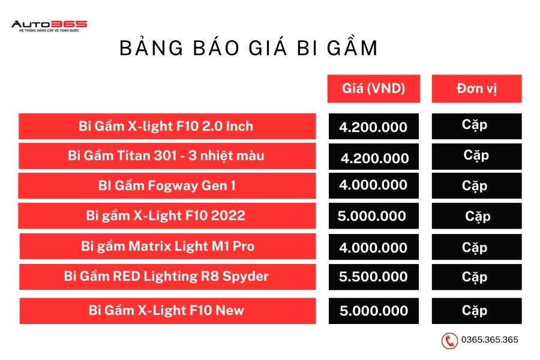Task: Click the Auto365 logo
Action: [49, 26]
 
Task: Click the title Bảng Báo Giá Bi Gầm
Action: [248, 47]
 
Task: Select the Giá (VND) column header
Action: [374, 89]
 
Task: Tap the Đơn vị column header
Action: [476, 89]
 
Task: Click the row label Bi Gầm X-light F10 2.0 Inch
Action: [166, 126]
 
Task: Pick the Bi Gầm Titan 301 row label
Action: [166, 156]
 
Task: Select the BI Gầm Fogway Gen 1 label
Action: [167, 185]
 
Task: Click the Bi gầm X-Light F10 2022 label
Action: [166, 215]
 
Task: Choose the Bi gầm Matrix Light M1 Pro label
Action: [168, 246]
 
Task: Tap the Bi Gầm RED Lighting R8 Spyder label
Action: [166, 276]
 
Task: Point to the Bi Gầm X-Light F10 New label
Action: [166, 310]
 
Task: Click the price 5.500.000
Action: [373, 277]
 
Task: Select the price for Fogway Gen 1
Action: [373, 185]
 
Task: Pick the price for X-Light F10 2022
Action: [372, 216]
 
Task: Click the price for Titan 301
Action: [375, 158]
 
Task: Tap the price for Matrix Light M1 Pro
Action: [373, 248]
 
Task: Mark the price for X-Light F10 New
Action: [374, 311]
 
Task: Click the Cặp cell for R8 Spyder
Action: [475, 277]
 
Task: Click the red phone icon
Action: [449, 341]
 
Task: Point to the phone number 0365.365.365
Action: [490, 340]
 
